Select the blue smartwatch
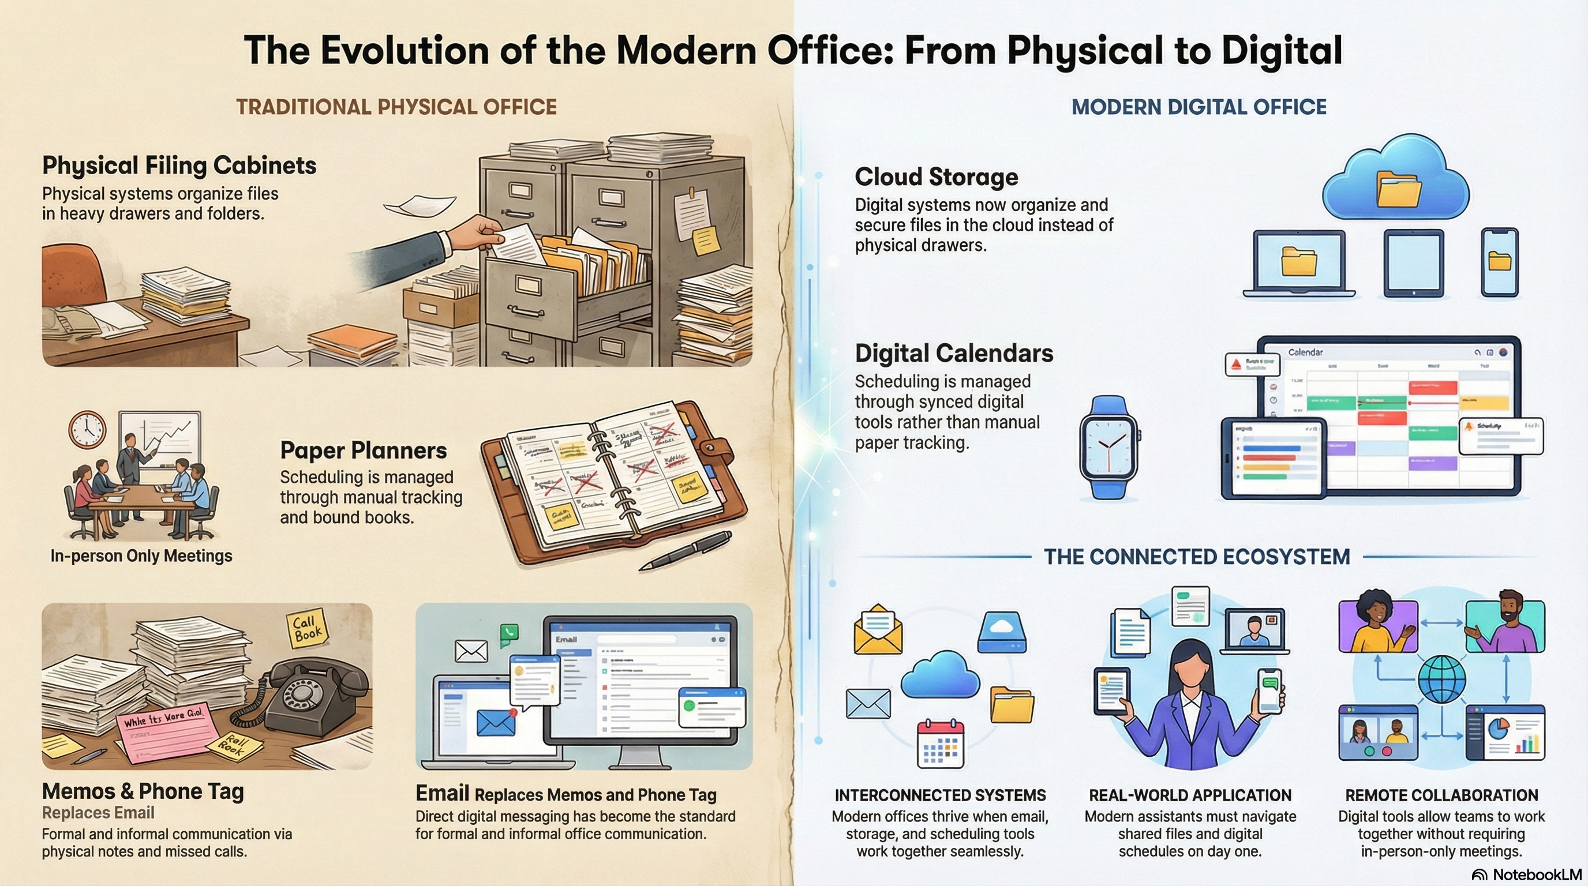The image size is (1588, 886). coord(1108,447)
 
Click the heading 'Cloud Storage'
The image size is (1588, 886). coord(936,177)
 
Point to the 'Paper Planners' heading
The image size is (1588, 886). coord(363,450)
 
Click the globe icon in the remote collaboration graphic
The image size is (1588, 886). coord(1441,679)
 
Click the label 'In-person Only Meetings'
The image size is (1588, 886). coord(141,555)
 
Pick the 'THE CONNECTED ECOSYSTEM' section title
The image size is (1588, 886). coord(1197,557)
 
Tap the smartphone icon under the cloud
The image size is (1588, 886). coord(1499,262)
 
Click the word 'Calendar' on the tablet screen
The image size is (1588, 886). coord(1305,352)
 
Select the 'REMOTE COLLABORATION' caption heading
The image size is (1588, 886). coord(1441,795)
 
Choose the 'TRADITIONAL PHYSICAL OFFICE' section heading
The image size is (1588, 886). coord(396,107)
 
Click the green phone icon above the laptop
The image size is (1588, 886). coord(509,632)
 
